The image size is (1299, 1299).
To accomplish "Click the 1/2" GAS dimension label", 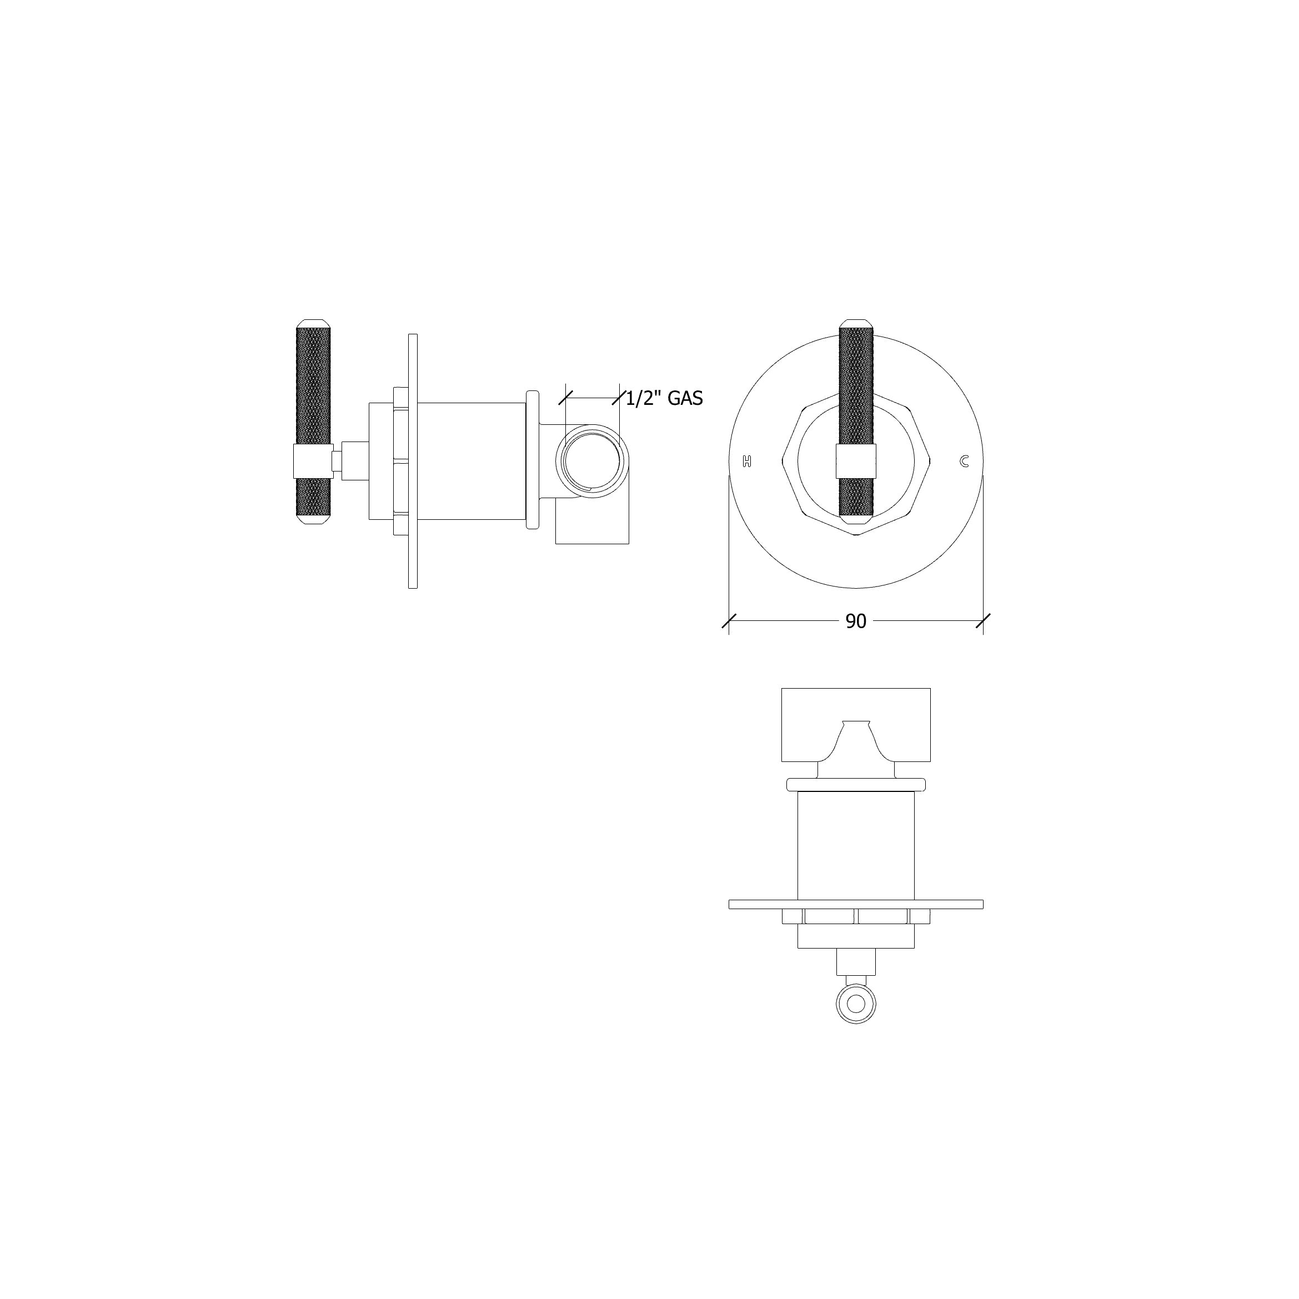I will (x=664, y=399).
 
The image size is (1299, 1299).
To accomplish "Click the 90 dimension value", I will (x=855, y=621).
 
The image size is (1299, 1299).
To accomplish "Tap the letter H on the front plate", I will (x=746, y=462).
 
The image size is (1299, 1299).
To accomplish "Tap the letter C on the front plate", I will (x=964, y=462).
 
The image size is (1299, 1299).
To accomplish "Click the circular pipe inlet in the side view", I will (x=591, y=462).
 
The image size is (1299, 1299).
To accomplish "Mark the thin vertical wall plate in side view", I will (x=413, y=462).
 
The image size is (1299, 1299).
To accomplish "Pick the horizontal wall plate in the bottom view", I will (x=856, y=904).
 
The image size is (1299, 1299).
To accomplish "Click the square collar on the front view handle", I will (x=856, y=462).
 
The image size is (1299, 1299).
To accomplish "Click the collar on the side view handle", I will (x=313, y=462).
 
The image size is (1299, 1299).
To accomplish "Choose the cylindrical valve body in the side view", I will (x=470, y=462).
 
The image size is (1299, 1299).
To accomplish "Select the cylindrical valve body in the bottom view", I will (x=856, y=846).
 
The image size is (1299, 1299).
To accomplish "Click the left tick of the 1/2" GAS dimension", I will (x=565, y=398).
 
